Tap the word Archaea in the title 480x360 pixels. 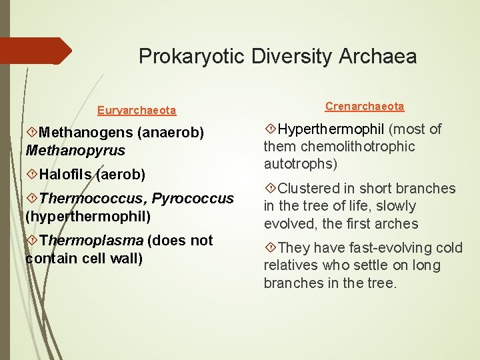tap(380, 57)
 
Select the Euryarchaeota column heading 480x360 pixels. tap(137, 110)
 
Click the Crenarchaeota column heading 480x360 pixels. tap(365, 107)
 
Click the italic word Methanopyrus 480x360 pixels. tap(75, 151)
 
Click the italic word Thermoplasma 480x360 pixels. tap(91, 241)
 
